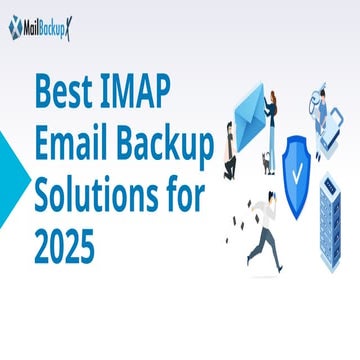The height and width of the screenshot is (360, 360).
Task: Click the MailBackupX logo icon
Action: pyautogui.click(x=16, y=28)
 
